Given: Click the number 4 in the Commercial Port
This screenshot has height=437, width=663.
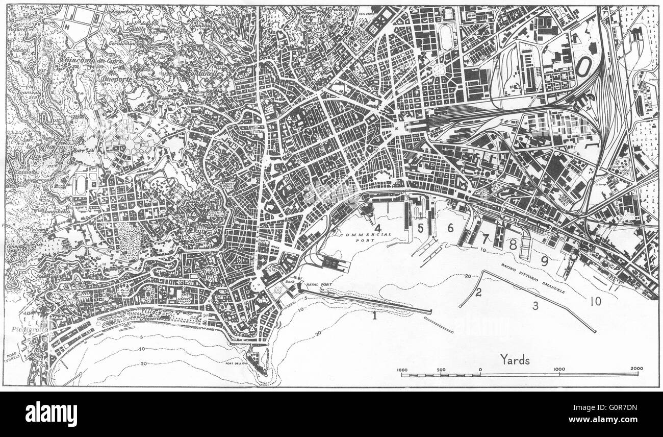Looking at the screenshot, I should coord(378,227).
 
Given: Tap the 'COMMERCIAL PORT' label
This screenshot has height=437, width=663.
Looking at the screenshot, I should coord(367,237).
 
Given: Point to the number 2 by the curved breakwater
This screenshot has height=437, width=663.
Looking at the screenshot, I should coord(478,293).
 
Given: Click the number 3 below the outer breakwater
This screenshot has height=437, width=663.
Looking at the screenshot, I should coord(535,306).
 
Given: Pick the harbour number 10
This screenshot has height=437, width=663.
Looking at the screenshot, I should coord(595,301).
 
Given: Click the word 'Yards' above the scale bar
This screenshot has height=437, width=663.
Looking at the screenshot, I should coord(515,360).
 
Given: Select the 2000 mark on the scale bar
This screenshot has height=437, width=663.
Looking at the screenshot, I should coord(637,369).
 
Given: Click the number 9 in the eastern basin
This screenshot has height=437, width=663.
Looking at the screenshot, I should coord(545,261).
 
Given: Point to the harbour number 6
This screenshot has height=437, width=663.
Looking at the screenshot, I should coord(450,228).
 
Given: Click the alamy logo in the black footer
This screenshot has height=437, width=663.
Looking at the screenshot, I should coord(51,414).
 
